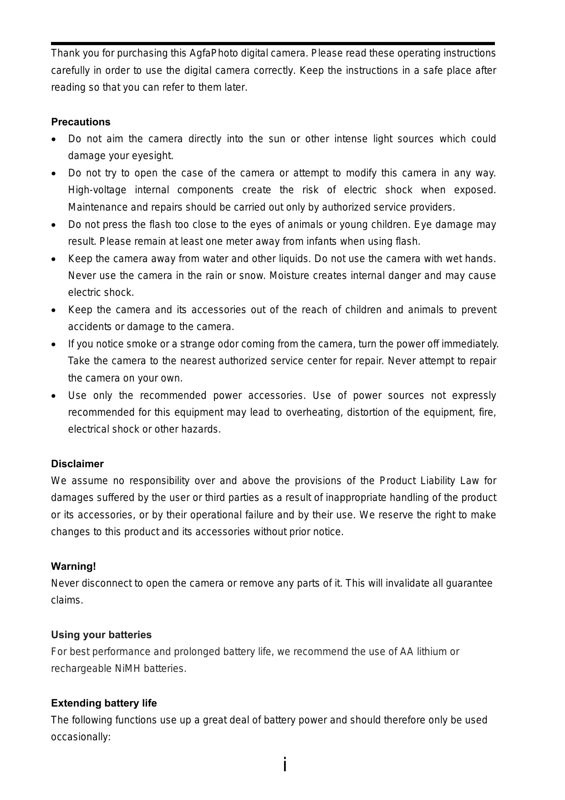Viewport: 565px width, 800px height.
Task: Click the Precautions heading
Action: point(81,122)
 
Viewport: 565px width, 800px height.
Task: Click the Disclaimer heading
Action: point(77,464)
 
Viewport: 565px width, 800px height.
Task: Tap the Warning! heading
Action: point(73,566)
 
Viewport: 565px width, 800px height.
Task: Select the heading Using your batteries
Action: point(101,635)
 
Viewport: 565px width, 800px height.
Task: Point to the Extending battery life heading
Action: point(104,703)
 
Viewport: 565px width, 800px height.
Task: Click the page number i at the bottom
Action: point(285,764)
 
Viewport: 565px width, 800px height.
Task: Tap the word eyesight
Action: point(153,156)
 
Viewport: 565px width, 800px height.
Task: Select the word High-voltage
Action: point(97,190)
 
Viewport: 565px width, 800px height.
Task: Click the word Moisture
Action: point(289,276)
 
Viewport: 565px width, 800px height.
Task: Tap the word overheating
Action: point(314,413)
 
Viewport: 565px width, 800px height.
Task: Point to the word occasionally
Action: point(81,737)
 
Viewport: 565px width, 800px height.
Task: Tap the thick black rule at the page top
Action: point(273,44)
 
